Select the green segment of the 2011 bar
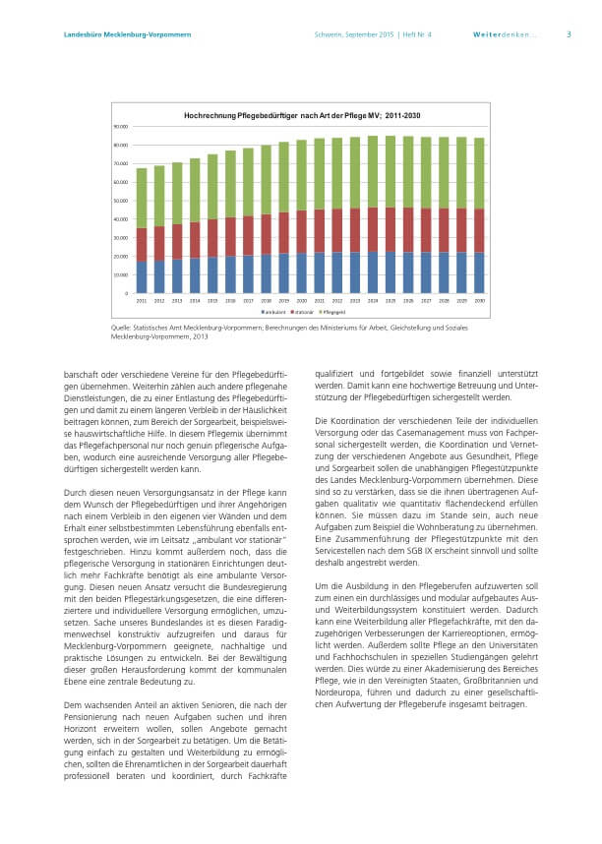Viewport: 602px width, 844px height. coord(142,198)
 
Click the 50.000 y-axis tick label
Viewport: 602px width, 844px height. coord(120,201)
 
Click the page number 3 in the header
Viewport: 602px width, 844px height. coord(568,34)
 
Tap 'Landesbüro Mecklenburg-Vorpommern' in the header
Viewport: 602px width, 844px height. coord(113,34)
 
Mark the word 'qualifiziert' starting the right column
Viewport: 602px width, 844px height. coord(334,374)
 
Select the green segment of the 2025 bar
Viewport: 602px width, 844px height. coord(391,171)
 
